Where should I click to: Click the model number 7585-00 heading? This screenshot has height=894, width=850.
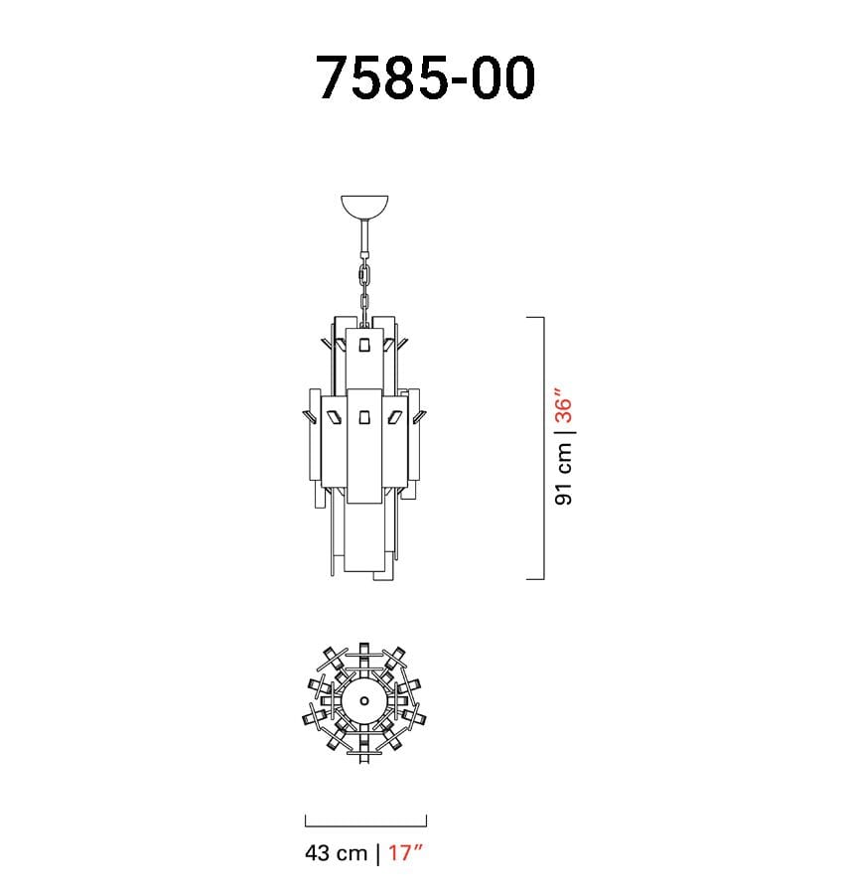coord(425,78)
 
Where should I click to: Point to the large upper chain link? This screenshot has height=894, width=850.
coord(364,275)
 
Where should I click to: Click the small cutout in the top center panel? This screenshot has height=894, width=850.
coord(364,345)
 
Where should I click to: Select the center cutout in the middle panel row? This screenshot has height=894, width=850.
coord(364,417)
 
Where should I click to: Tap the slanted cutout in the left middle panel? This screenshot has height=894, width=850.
coord(334,417)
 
